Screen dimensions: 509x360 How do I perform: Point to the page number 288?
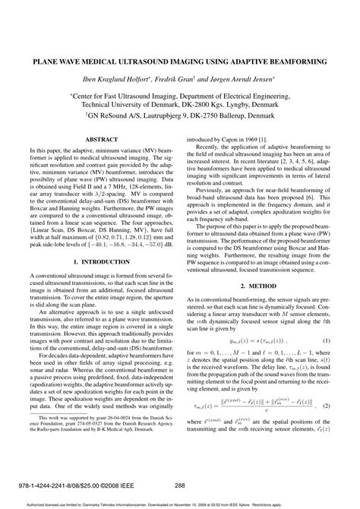click(180, 485)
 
